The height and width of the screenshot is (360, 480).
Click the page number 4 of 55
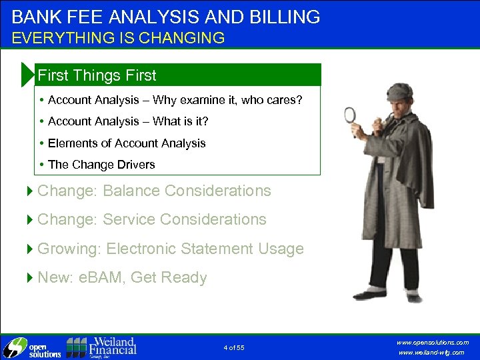pyautogui.click(x=234, y=347)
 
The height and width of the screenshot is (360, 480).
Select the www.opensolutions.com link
pyautogui.click(x=433, y=342)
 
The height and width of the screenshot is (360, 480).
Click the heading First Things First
pyautogui.click(x=97, y=75)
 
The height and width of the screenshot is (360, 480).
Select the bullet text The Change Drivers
pyautogui.click(x=101, y=164)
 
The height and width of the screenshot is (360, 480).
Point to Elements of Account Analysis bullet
pyautogui.click(x=127, y=143)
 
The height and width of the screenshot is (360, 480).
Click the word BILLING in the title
pyautogui.click(x=283, y=17)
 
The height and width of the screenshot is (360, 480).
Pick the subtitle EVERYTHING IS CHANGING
pyautogui.click(x=118, y=37)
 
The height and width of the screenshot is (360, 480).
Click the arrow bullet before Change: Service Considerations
pyautogui.click(x=29, y=219)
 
